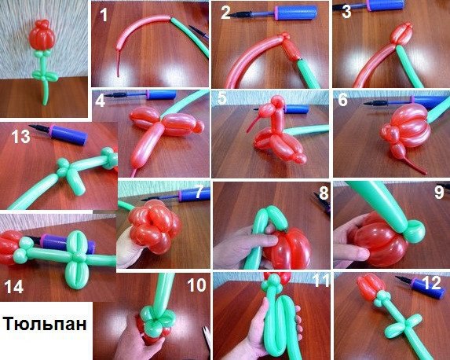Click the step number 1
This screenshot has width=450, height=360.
(104, 15)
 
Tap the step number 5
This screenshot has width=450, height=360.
(222, 98)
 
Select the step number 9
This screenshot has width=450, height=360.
(439, 192)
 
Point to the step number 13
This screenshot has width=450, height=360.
(20, 137)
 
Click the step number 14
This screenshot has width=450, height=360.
(13, 287)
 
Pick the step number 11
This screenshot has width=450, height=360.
(320, 281)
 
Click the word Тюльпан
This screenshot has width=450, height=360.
(45, 324)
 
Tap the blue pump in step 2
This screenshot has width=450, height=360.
(295, 13)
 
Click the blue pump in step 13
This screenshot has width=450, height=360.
(68, 134)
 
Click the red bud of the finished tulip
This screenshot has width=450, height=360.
(42, 35)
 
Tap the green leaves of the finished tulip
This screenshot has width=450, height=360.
(45, 75)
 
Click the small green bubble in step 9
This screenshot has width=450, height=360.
(415, 230)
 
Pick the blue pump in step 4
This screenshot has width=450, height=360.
(161, 95)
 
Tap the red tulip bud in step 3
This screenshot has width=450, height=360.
(401, 33)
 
